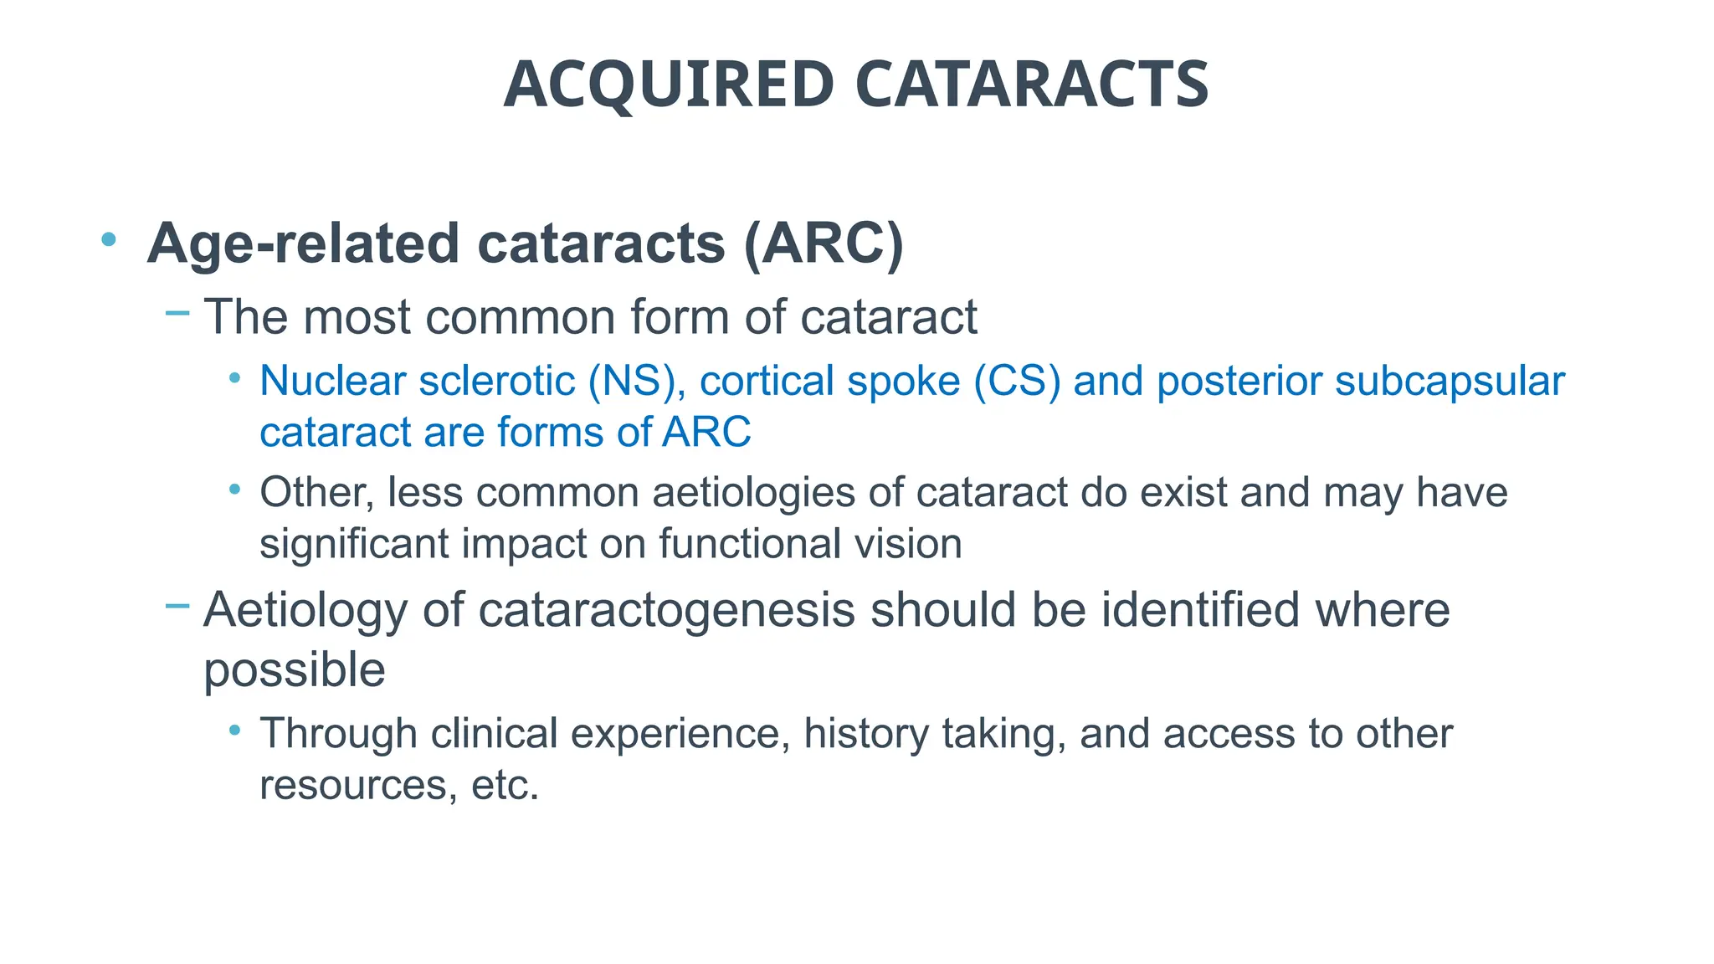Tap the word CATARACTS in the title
pyautogui.click(x=1033, y=85)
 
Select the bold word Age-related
pyautogui.click(x=304, y=244)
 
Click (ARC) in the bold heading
pyautogui.click(x=824, y=244)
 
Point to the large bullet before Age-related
pyautogui.click(x=108, y=240)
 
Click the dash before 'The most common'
pyautogui.click(x=177, y=314)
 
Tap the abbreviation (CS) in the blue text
pyautogui.click(x=1017, y=382)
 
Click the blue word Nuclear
pyautogui.click(x=332, y=382)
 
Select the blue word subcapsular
pyautogui.click(x=1450, y=382)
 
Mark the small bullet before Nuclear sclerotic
pyautogui.click(x=235, y=378)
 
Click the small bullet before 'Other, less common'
pyautogui.click(x=235, y=489)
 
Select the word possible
pyautogui.click(x=295, y=669)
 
